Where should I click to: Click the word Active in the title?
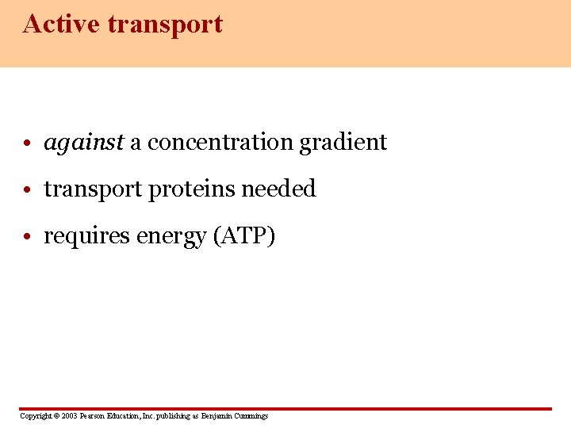(x=62, y=24)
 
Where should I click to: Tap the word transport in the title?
(x=165, y=25)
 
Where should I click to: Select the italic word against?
(x=84, y=143)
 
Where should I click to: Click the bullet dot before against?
(x=28, y=144)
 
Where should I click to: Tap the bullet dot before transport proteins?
(x=28, y=191)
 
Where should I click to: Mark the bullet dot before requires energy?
(x=28, y=238)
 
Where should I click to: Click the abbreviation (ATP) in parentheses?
(x=244, y=236)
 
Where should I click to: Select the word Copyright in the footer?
(x=35, y=416)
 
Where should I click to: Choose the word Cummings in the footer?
(x=252, y=416)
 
